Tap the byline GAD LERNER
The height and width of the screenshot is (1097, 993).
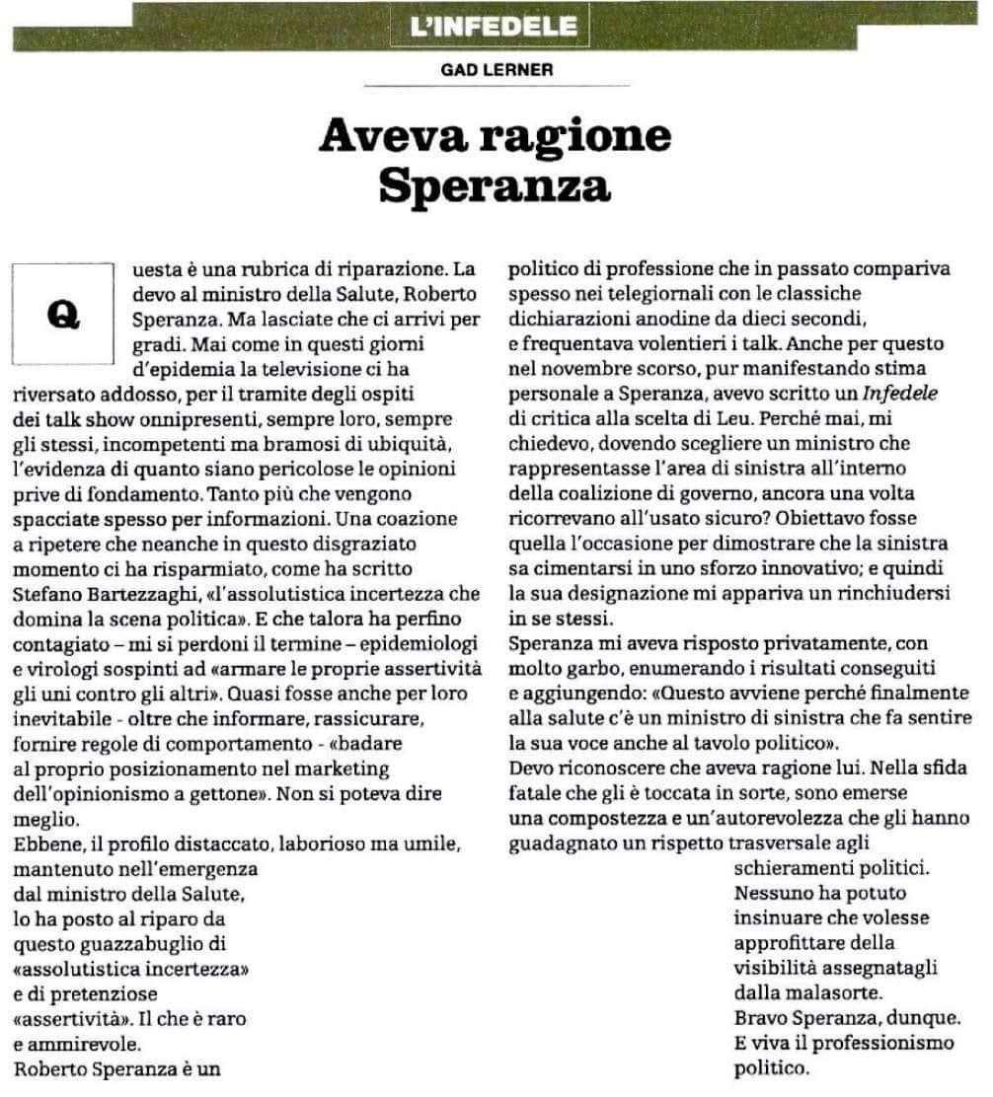click(x=496, y=71)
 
